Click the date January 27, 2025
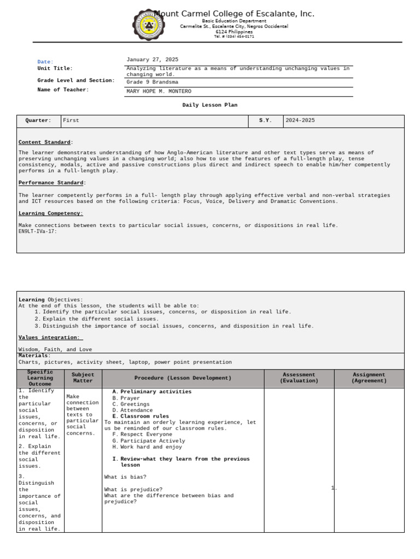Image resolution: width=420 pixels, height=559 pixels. (152, 60)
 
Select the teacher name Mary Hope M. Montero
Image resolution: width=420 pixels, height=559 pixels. (159, 91)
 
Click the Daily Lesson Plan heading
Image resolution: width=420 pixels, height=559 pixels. (210, 105)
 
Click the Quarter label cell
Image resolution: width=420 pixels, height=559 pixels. (38, 121)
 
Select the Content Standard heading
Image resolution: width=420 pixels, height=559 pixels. (45, 142)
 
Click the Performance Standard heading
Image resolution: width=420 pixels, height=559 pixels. (51, 183)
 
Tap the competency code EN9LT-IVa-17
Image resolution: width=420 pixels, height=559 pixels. (38, 231)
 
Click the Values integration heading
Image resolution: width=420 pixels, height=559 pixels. (49, 337)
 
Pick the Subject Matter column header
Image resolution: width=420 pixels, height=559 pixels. (83, 378)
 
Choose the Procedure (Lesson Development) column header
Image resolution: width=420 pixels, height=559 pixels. (183, 378)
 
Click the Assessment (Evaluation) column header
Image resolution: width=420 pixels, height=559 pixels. (299, 378)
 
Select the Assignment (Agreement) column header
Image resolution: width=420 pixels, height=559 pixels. (369, 378)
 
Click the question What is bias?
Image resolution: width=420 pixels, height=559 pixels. (125, 477)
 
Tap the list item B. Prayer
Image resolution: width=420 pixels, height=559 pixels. (126, 398)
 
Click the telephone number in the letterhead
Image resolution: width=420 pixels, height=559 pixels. (234, 37)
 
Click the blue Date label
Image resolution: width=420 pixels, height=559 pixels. (45, 62)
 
